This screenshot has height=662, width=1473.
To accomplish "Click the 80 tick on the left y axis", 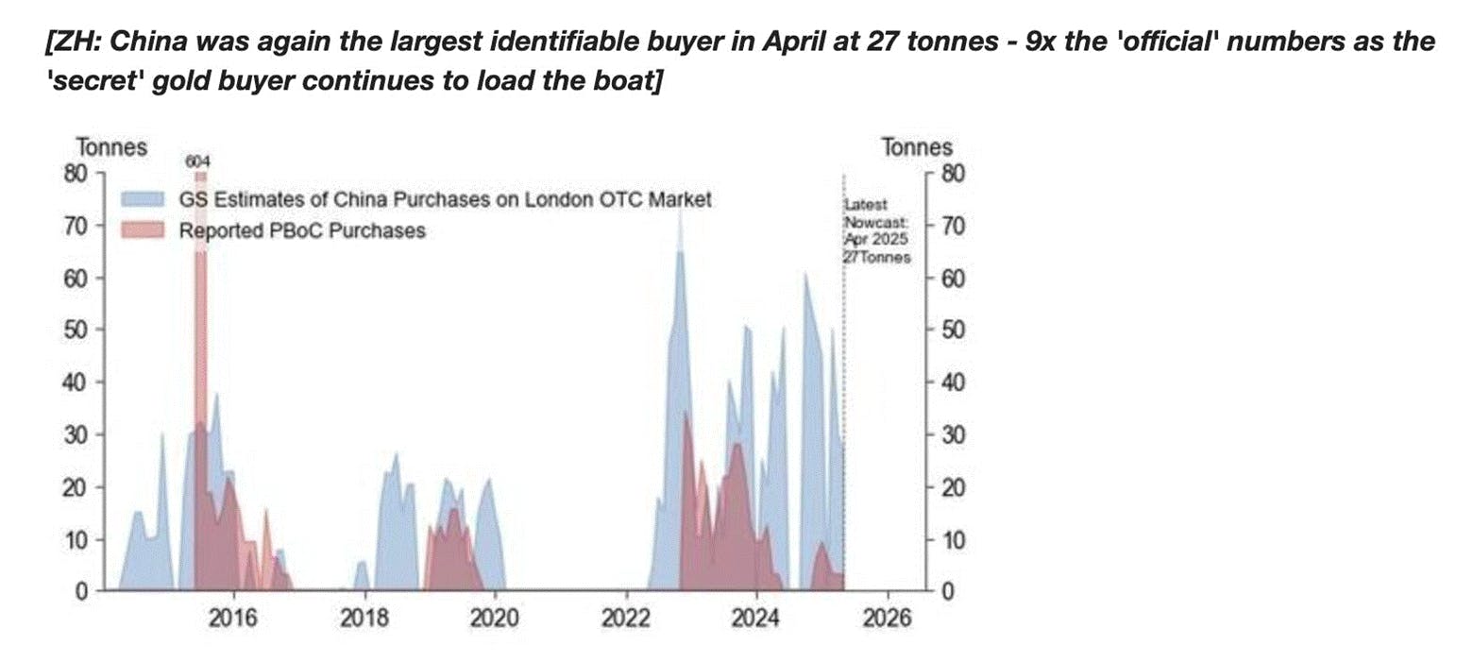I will click(76, 174).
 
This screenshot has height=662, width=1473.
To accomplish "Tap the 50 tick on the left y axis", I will click(76, 331).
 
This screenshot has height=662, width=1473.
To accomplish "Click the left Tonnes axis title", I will click(111, 148).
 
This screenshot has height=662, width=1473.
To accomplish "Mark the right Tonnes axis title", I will click(916, 148).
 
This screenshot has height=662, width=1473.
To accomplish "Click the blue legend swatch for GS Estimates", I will click(143, 200).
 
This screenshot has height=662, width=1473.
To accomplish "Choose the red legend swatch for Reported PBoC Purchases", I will click(143, 230).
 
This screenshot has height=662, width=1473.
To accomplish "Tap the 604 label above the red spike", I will click(198, 162).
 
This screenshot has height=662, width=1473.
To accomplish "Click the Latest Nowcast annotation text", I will click(877, 231).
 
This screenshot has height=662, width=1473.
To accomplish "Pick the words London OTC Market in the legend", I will click(631, 200).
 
